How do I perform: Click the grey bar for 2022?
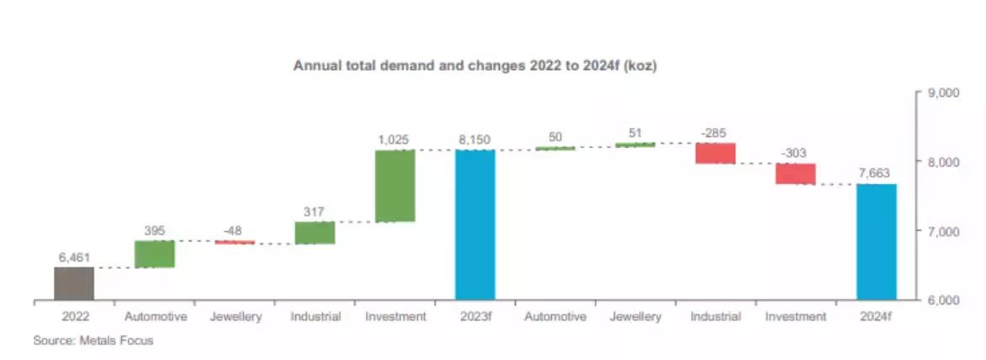(x=74, y=283)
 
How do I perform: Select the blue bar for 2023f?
(x=475, y=225)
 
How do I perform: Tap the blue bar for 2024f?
(x=877, y=241)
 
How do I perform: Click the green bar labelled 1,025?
(x=395, y=186)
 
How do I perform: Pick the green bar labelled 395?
(x=154, y=254)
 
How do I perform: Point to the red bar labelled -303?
(x=796, y=173)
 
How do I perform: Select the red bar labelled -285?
(x=715, y=153)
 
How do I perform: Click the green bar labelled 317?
(x=315, y=233)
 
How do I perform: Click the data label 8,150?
(x=475, y=139)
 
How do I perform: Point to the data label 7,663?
(x=877, y=172)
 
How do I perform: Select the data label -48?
(x=235, y=230)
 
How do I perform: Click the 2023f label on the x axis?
(x=475, y=317)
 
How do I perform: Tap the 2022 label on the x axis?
(x=74, y=317)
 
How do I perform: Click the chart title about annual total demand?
(x=474, y=65)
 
